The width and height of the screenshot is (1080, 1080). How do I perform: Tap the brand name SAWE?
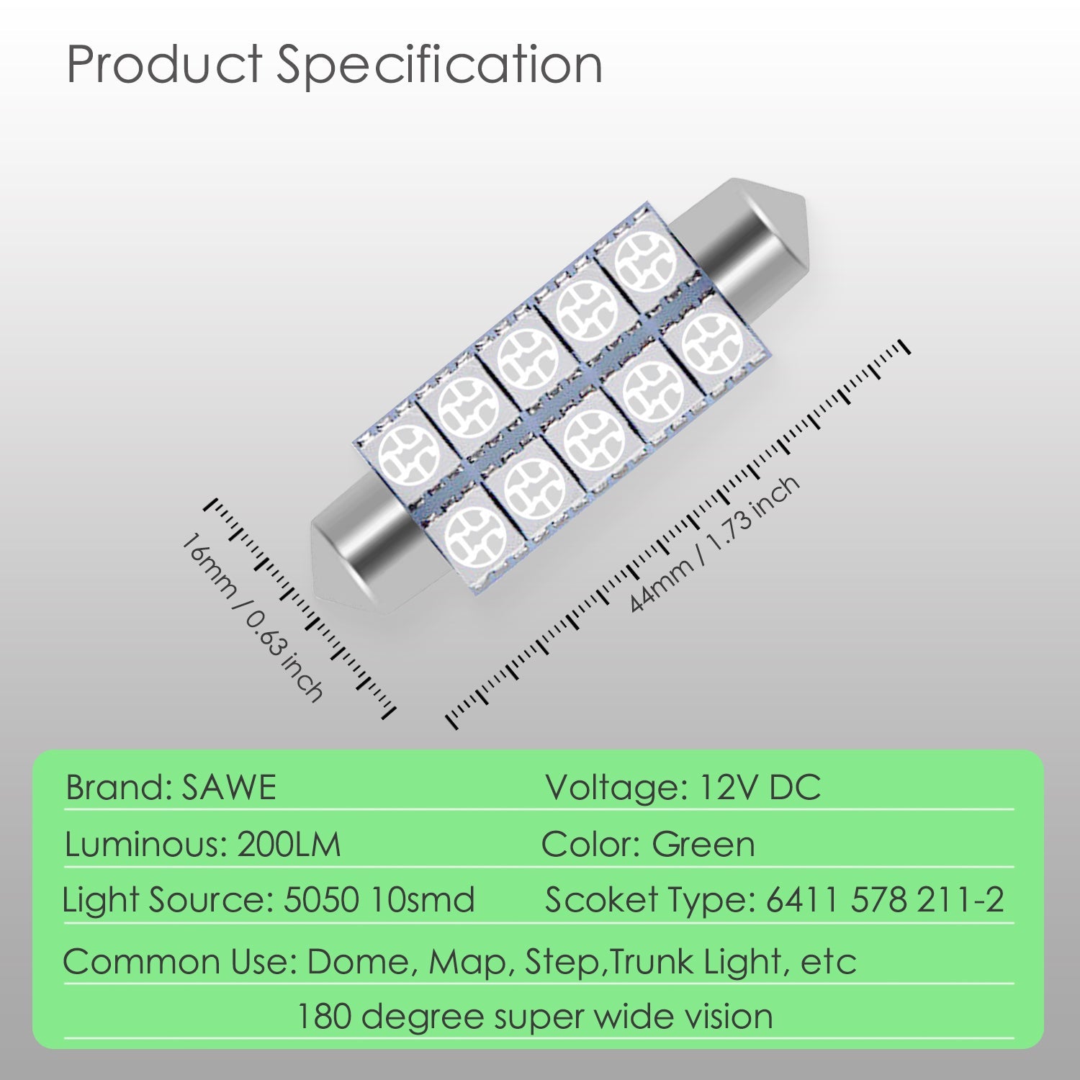229,787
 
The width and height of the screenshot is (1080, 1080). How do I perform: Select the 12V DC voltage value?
760,787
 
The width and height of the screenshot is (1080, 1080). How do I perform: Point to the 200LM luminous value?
289,845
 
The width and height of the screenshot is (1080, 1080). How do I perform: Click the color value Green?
703,845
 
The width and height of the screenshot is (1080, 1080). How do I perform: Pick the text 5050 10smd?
379,900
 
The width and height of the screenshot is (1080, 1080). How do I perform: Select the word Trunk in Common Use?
652,962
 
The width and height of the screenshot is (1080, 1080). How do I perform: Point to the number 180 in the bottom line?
324,1017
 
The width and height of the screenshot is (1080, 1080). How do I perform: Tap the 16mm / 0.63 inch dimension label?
252,617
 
